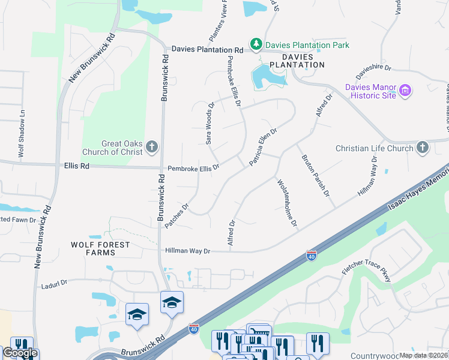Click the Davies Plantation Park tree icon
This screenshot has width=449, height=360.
(256, 44)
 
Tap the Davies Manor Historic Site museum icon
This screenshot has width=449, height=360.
(406, 91)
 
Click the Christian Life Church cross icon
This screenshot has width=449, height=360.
(423, 148)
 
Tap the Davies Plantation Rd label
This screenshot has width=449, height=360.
(207, 50)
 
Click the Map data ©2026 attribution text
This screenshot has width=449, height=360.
(424, 355)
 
